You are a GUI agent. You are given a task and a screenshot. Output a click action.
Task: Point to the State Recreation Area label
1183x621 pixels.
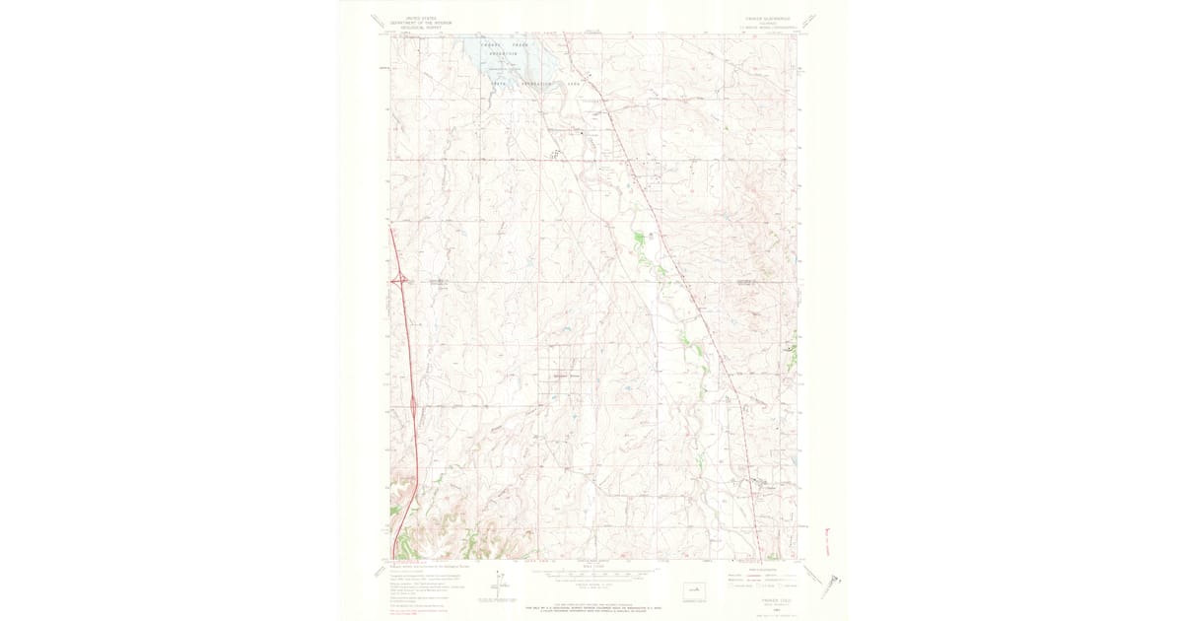coord(533,86)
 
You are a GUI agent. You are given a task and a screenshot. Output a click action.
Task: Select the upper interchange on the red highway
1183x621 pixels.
coord(400,280)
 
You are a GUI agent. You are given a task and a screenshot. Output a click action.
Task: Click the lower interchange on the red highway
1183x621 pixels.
coord(411,403)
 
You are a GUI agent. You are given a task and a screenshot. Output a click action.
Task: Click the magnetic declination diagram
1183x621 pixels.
coord(501,583)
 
